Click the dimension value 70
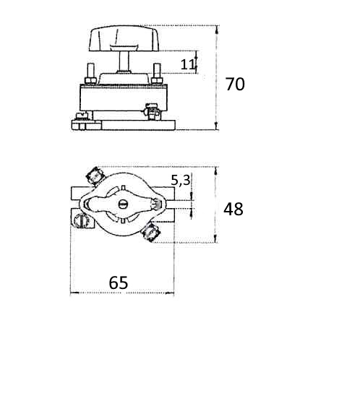pos(235,85)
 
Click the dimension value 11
pos(187,64)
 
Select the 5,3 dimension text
pos(181,181)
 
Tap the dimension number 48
pos(233,209)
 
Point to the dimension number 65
pos(119,282)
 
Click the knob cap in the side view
pos(124,38)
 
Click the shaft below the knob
pos(124,61)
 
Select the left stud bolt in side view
pos(90,70)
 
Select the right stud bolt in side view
pos(157,70)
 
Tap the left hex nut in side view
pos(90,80)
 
